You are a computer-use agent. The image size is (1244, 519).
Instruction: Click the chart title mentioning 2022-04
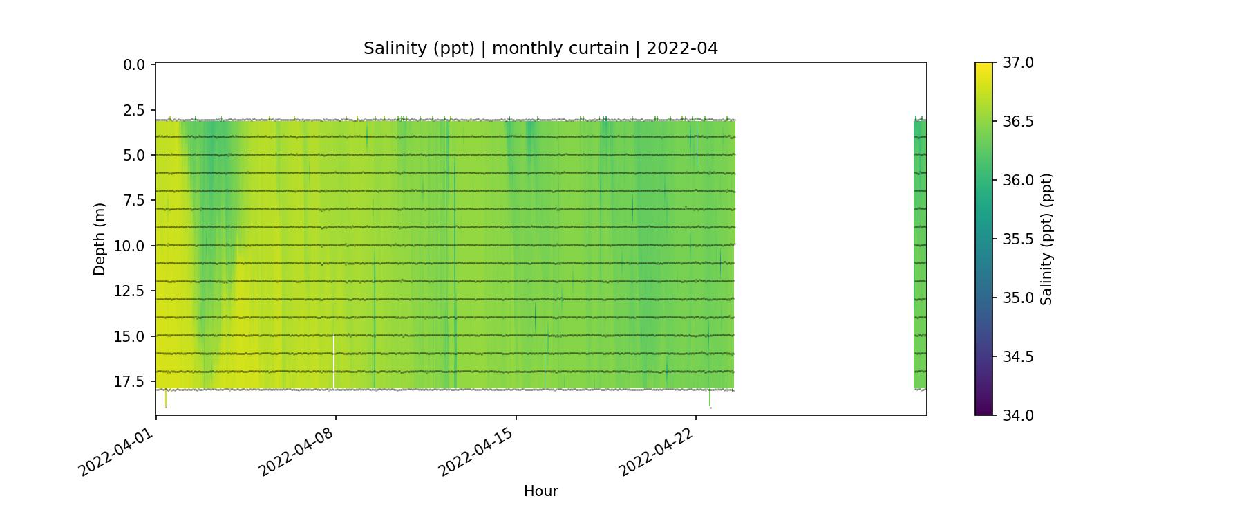540,48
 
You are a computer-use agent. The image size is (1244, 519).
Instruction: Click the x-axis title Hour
540,491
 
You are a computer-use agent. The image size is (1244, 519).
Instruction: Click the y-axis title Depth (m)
100,239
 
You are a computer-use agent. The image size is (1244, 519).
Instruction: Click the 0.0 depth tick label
134,65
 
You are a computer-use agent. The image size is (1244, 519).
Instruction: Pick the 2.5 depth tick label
134,110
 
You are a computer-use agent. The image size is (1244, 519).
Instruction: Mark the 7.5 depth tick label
134,201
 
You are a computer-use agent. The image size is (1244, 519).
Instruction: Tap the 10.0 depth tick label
130,246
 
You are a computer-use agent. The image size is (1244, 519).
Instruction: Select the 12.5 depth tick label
130,291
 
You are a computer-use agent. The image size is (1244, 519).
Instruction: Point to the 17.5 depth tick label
130,382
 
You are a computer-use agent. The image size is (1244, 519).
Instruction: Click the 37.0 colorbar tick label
1018,63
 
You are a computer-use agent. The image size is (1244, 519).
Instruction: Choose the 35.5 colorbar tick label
1018,239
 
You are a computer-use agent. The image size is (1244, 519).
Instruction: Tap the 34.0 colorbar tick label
1018,416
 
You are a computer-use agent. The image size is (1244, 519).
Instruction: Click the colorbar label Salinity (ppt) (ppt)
1046,239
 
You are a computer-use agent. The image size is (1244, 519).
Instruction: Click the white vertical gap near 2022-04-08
334,361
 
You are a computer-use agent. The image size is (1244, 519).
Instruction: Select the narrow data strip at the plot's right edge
920,253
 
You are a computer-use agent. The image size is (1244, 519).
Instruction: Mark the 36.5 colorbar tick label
1018,122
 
